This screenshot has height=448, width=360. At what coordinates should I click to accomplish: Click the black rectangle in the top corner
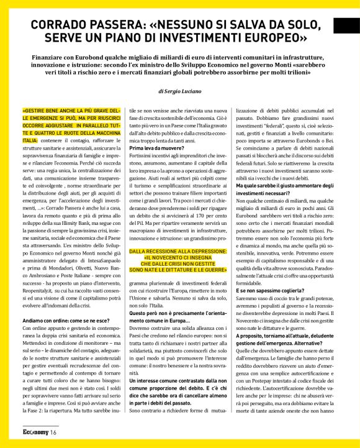coord(346,25)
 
